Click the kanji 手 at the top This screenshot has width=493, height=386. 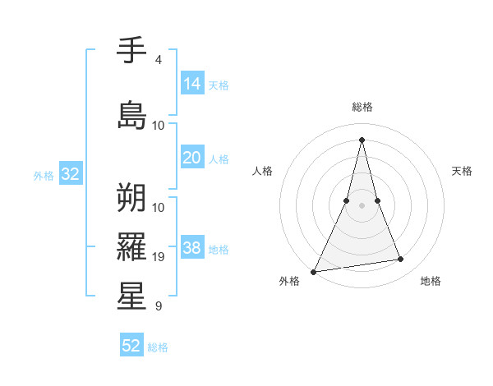pyautogui.click(x=131, y=52)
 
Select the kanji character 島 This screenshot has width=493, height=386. pyautogui.click(x=131, y=115)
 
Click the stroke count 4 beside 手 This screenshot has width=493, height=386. pyautogui.click(x=158, y=60)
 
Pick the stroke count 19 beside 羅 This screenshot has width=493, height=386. pyautogui.click(x=159, y=257)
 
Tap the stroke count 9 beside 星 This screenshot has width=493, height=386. pyautogui.click(x=158, y=306)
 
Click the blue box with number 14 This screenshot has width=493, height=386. pyautogui.click(x=192, y=84)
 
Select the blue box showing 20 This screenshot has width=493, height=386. pyautogui.click(x=192, y=158)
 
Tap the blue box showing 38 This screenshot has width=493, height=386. pyautogui.click(x=192, y=248)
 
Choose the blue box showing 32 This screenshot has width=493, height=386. pyautogui.click(x=70, y=174)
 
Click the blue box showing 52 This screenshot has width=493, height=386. pyautogui.click(x=131, y=346)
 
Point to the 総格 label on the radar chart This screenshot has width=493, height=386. pyautogui.click(x=362, y=107)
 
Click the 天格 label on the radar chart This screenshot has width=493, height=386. pyautogui.click(x=462, y=171)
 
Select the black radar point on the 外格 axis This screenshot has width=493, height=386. pyautogui.click(x=313, y=271)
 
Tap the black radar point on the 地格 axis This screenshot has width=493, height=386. pyautogui.click(x=401, y=260)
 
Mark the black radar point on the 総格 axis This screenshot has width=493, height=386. pyautogui.click(x=362, y=140)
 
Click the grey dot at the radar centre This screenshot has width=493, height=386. pyautogui.click(x=362, y=193)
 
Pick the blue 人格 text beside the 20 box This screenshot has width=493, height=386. pyautogui.click(x=219, y=159)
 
